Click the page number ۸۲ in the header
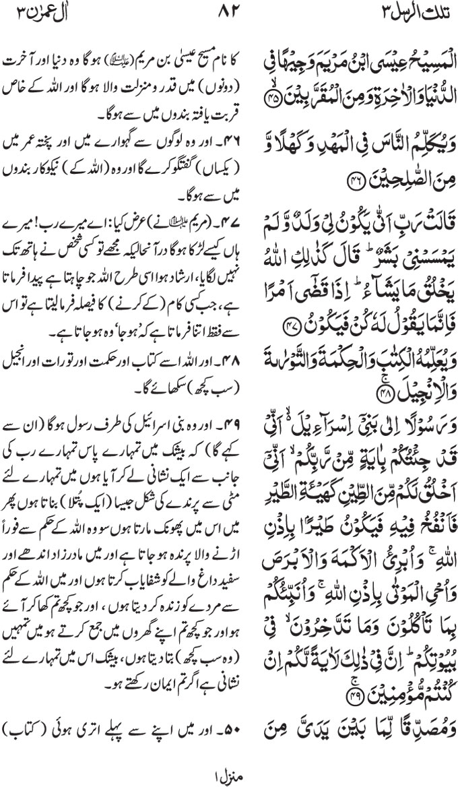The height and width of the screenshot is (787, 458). tap(229, 11)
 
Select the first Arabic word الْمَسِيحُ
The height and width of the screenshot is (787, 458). tap(424, 66)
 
